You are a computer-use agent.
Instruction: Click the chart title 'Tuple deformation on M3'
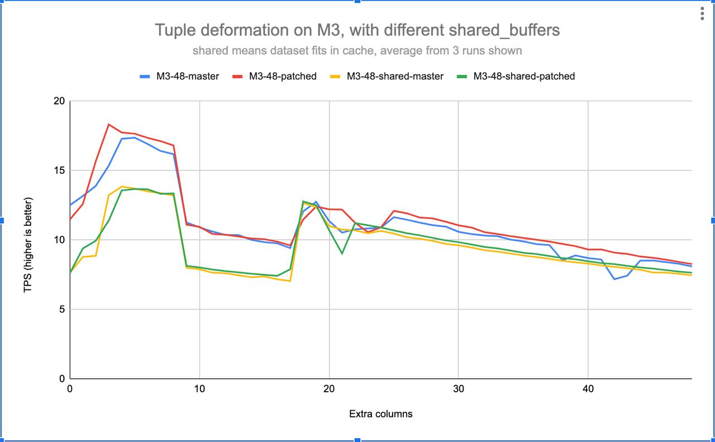tap(357, 30)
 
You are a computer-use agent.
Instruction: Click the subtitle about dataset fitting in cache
tap(357, 51)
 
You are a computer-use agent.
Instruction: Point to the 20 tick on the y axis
tap(59, 101)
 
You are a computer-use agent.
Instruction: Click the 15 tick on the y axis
tap(59, 170)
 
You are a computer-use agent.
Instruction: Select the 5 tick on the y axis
tap(61, 310)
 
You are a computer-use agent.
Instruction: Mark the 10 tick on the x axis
tap(199, 389)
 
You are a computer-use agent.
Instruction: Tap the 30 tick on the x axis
tap(458, 389)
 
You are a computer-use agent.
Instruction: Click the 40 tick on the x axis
tap(588, 389)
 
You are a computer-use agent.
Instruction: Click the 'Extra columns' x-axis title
tap(380, 414)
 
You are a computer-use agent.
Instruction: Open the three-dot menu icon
tap(702, 14)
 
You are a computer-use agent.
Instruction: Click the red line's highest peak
tap(109, 124)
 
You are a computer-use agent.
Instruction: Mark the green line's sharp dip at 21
tap(342, 254)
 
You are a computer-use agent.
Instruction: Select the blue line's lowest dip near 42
tap(614, 279)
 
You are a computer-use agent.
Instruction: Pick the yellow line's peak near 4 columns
tap(122, 187)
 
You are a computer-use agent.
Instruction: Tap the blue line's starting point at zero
tap(70, 205)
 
